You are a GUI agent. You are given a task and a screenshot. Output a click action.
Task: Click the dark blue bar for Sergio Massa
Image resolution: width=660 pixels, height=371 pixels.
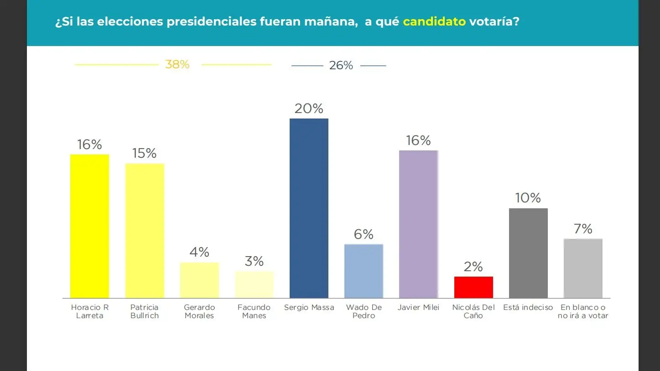point(309,208)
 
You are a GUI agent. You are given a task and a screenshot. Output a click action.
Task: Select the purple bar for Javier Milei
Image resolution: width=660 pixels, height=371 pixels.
point(418,224)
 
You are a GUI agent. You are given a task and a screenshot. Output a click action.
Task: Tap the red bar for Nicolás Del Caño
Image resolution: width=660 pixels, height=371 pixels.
point(473,287)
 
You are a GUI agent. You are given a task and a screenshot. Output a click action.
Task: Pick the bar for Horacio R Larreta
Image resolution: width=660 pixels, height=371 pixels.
point(89,226)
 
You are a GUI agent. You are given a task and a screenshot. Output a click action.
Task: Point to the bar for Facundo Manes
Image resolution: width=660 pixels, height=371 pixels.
point(254,285)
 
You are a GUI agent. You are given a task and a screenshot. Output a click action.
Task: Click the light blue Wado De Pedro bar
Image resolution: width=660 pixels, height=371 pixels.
point(364,271)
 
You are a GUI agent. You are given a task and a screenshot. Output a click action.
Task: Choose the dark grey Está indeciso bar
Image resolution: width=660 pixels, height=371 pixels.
point(528,253)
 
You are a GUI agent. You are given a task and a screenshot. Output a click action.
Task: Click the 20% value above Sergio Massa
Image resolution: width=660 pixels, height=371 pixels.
point(309,108)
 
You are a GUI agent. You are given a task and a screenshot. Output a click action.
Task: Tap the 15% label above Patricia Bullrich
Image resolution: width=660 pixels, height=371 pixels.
point(145,154)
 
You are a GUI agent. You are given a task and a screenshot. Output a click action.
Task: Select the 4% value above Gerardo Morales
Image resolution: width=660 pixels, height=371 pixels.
point(199,252)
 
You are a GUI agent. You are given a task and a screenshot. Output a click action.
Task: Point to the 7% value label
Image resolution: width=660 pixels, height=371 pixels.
point(583,229)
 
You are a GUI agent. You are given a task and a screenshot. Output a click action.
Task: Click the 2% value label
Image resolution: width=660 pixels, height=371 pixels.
point(473,267)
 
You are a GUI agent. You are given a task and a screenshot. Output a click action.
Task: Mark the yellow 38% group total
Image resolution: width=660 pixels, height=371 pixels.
point(177,65)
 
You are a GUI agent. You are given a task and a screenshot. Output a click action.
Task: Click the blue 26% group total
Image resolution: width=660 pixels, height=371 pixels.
point(341,66)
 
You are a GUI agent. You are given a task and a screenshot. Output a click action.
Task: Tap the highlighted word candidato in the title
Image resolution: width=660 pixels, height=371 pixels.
point(434,22)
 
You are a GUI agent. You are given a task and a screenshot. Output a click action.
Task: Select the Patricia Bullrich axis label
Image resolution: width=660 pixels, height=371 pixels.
point(145,311)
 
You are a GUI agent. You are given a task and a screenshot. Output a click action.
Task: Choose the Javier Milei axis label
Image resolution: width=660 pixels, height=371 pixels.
point(418,307)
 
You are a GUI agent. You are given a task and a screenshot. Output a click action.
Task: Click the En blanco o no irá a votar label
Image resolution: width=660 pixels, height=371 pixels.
point(583,311)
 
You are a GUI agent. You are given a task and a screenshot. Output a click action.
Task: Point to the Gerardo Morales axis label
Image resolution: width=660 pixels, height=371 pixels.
point(199,311)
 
